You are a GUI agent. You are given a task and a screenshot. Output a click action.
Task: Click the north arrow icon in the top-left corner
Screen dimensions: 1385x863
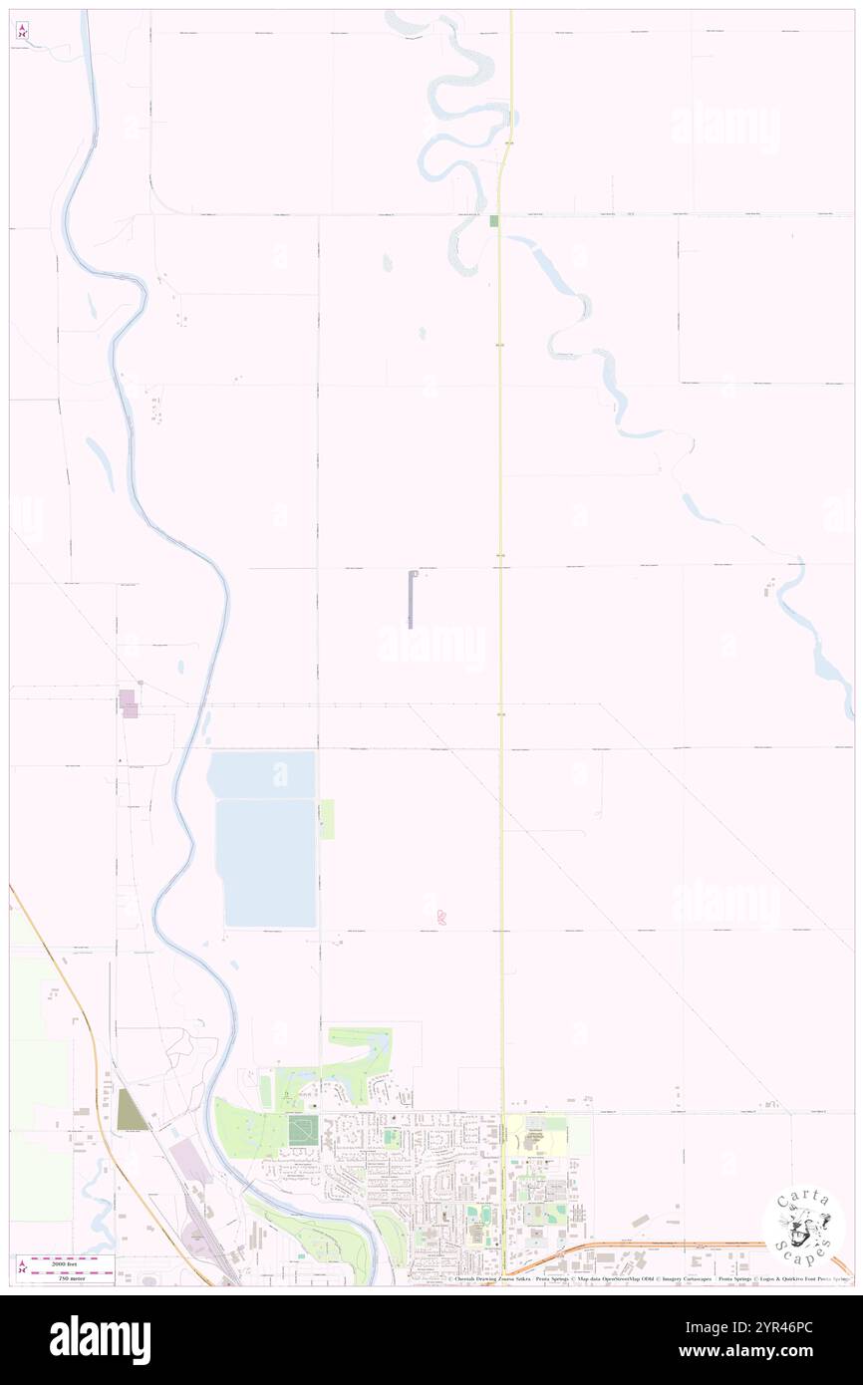22,31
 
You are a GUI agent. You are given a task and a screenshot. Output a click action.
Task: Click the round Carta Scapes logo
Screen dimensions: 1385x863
803,1226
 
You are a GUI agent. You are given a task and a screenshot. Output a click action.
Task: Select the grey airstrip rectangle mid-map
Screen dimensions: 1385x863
411,599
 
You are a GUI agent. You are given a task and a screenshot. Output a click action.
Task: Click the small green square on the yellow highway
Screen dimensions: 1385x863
493,220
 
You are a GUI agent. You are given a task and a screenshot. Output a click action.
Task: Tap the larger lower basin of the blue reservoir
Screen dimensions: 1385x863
267,862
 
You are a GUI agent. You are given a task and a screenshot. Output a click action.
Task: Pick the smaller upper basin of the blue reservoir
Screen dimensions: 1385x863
262,774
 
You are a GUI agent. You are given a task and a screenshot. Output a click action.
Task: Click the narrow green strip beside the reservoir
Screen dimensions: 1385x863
327,818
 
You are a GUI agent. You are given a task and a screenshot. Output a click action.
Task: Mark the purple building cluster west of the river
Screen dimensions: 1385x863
129,702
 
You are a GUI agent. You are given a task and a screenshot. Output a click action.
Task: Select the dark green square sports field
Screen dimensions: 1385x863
301,1129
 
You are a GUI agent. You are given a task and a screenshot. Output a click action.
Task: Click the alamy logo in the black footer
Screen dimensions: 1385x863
100,1339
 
